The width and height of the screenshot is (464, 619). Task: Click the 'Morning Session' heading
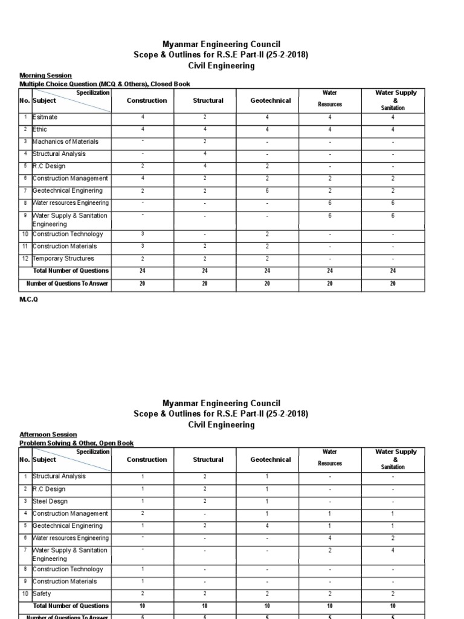tap(45, 76)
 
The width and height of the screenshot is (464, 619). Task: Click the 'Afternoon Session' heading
tap(48, 435)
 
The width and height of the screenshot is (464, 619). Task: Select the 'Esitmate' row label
tap(45, 117)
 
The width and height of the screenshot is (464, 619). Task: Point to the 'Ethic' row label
tap(40, 129)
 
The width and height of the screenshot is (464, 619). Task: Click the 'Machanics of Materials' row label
tap(65, 141)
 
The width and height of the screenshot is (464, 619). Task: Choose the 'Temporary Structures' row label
tap(63, 258)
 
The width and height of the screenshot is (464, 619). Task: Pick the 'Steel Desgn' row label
tap(50, 501)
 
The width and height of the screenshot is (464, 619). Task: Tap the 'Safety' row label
tap(42, 594)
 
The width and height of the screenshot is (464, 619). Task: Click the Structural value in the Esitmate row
tap(205, 117)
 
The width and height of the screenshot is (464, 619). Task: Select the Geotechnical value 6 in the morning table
tap(267, 190)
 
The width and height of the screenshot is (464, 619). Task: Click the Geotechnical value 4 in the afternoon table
tap(267, 525)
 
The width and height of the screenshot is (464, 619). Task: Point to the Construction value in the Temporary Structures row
tap(143, 258)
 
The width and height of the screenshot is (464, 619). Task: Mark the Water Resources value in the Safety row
tap(330, 594)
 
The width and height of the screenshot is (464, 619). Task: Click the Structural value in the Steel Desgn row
tap(205, 501)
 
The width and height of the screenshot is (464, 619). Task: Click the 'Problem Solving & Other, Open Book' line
tap(76, 443)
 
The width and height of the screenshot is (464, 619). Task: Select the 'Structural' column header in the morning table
tap(208, 100)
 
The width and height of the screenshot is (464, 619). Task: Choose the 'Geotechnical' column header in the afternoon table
tap(271, 459)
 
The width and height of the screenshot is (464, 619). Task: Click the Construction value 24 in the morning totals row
tap(143, 271)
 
